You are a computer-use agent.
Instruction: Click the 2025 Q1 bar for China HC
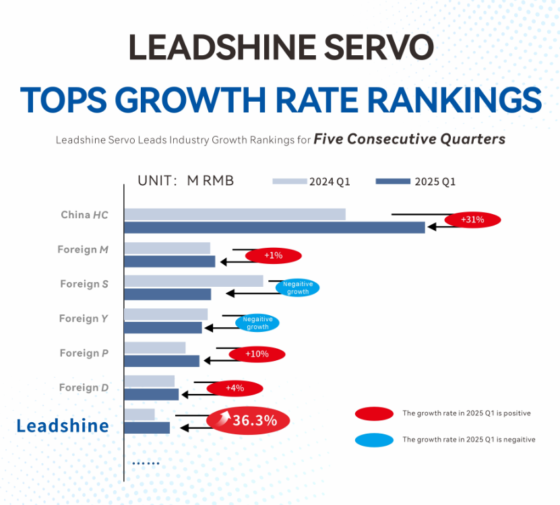pos(274,228)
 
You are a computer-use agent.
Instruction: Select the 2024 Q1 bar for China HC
pos(235,214)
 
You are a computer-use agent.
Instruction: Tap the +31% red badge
pos(472,220)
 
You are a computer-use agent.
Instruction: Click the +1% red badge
pos(273,256)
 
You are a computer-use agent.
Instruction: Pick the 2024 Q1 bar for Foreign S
pos(193,281)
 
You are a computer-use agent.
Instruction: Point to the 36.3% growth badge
pos(248,421)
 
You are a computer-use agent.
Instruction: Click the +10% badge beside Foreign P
pos(257,354)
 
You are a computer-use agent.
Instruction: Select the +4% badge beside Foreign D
pos(235,388)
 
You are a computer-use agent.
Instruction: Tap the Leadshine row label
pos(63,426)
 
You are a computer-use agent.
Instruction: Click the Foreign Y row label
pos(84,318)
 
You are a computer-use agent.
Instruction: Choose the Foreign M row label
pos(83,250)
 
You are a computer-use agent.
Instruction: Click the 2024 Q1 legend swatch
pos(290,181)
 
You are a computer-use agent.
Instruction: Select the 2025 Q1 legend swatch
pos(393,181)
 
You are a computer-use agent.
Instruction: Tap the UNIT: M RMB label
pos(185,180)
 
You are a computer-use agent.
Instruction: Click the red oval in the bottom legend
pos(374,413)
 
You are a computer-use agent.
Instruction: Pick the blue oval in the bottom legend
pos(374,440)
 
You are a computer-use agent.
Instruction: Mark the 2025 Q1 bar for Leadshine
pos(147,428)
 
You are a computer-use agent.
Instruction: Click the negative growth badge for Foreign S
pos(297,288)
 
